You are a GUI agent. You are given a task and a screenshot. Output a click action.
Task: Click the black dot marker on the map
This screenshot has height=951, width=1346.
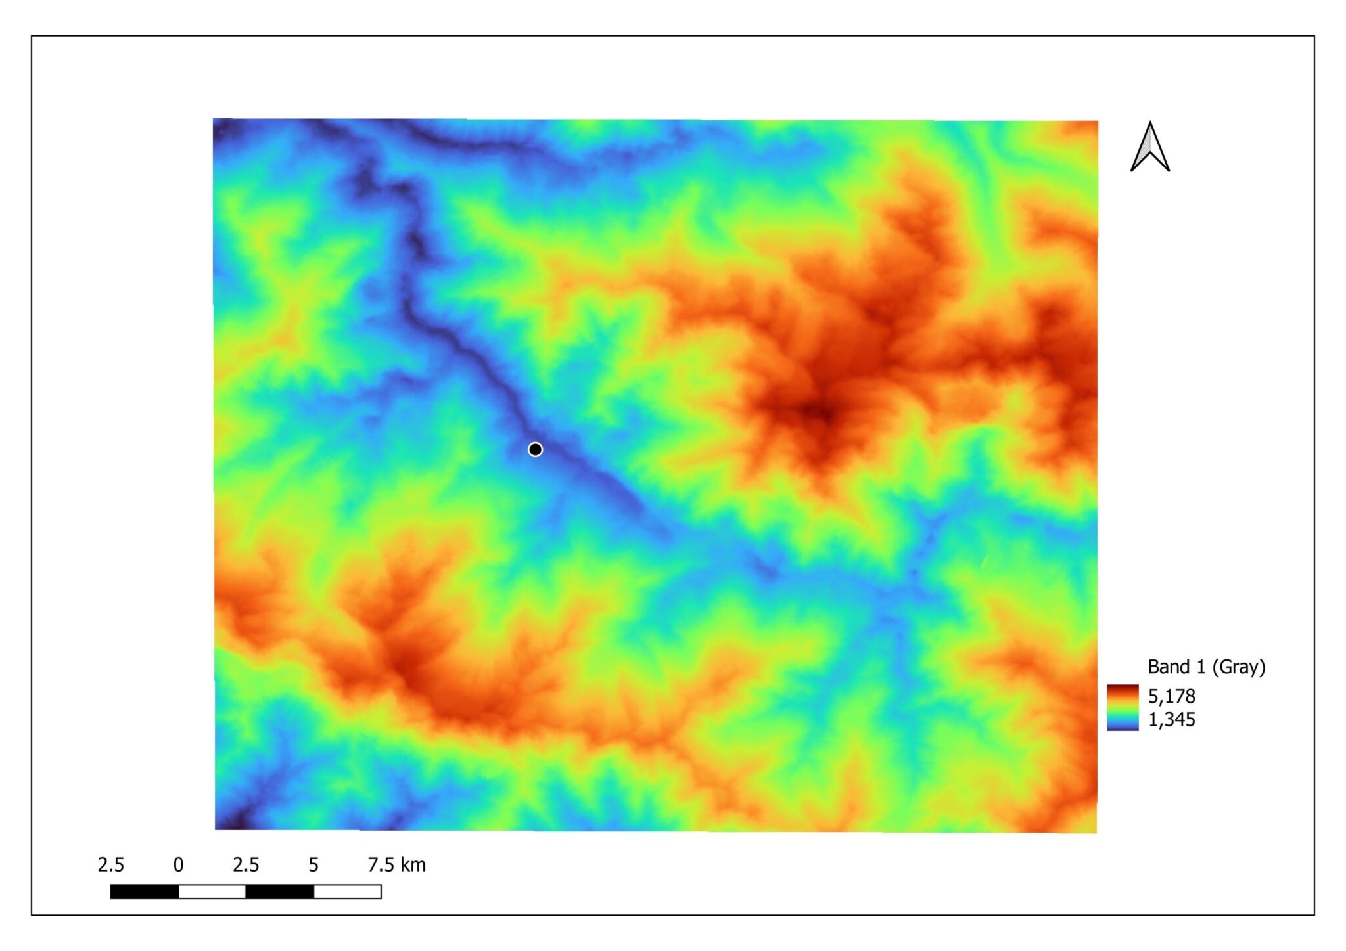[x=535, y=449]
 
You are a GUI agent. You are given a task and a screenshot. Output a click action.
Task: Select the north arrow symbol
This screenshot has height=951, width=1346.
[x=1149, y=147]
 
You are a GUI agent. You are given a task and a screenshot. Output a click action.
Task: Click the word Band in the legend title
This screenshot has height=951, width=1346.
[x=1168, y=667]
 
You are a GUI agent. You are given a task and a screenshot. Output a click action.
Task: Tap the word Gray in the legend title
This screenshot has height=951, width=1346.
[x=1238, y=667]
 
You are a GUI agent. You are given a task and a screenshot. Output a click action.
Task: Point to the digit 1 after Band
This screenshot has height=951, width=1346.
[x=1200, y=667]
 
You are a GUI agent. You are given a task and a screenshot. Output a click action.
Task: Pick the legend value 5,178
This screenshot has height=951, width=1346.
[x=1171, y=696]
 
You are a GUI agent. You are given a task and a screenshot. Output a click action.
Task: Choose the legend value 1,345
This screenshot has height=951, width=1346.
[x=1171, y=720]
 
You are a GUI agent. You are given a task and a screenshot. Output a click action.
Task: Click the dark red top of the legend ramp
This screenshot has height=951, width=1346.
[x=1123, y=690]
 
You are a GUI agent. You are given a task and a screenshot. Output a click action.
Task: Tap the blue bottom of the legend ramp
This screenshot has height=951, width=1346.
[x=1123, y=725]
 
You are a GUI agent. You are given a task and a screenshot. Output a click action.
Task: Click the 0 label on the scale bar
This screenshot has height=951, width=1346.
[x=178, y=865]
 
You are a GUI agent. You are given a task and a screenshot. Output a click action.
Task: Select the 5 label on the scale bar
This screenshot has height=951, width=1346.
[x=313, y=865]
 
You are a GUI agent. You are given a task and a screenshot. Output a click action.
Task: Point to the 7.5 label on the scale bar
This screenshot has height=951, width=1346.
[x=381, y=865]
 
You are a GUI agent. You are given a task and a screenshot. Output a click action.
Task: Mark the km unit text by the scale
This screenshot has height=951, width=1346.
[x=414, y=865]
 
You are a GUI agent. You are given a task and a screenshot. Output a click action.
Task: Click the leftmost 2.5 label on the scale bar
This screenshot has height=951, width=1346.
[x=110, y=865]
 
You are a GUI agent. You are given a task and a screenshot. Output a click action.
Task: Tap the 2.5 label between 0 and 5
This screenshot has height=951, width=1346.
[x=246, y=865]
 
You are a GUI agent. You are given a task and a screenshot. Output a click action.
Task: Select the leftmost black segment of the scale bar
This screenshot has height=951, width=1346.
[x=145, y=891]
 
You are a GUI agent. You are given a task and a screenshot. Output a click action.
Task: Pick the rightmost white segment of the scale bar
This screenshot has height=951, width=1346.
[x=347, y=891]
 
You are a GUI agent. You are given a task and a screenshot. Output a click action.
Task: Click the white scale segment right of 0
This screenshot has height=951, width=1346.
[x=212, y=891]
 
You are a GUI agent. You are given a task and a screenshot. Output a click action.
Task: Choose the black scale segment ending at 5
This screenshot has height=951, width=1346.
[x=279, y=891]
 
